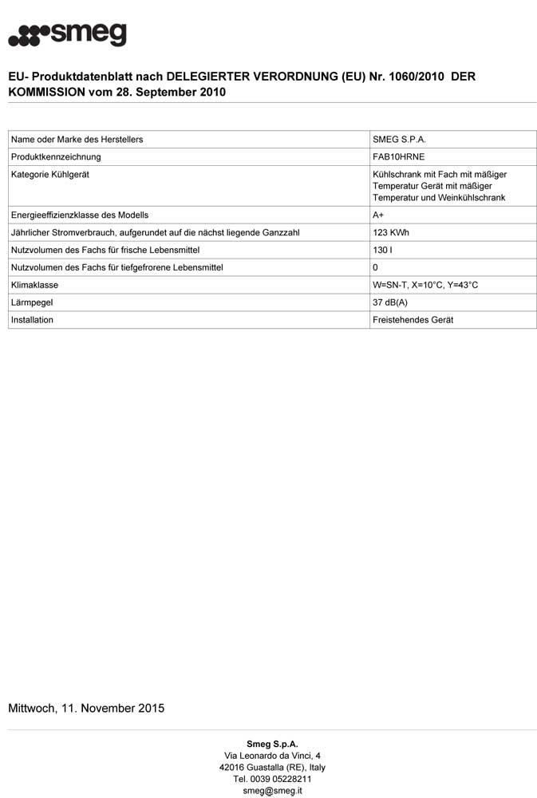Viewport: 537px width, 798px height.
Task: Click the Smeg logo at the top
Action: [67, 35]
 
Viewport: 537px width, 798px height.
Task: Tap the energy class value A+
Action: [378, 215]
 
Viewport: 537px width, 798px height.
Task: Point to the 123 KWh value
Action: [390, 232]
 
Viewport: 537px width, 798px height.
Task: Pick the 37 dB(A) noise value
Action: [390, 302]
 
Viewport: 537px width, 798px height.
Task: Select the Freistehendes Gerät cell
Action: [413, 320]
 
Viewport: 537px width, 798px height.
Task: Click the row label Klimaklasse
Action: [35, 285]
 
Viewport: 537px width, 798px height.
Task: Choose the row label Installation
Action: [33, 320]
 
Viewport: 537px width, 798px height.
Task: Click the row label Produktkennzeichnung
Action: [56, 157]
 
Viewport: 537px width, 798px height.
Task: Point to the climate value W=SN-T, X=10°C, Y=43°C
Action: [425, 285]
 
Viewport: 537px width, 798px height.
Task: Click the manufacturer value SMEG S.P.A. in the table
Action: [399, 140]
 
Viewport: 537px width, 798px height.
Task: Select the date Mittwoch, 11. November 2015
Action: [86, 708]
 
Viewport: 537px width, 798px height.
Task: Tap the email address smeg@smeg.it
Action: [272, 791]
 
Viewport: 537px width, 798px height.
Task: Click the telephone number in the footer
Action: [272, 779]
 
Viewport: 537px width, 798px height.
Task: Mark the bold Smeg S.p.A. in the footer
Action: [272, 743]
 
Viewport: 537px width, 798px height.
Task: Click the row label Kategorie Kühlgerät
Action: [50, 175]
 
